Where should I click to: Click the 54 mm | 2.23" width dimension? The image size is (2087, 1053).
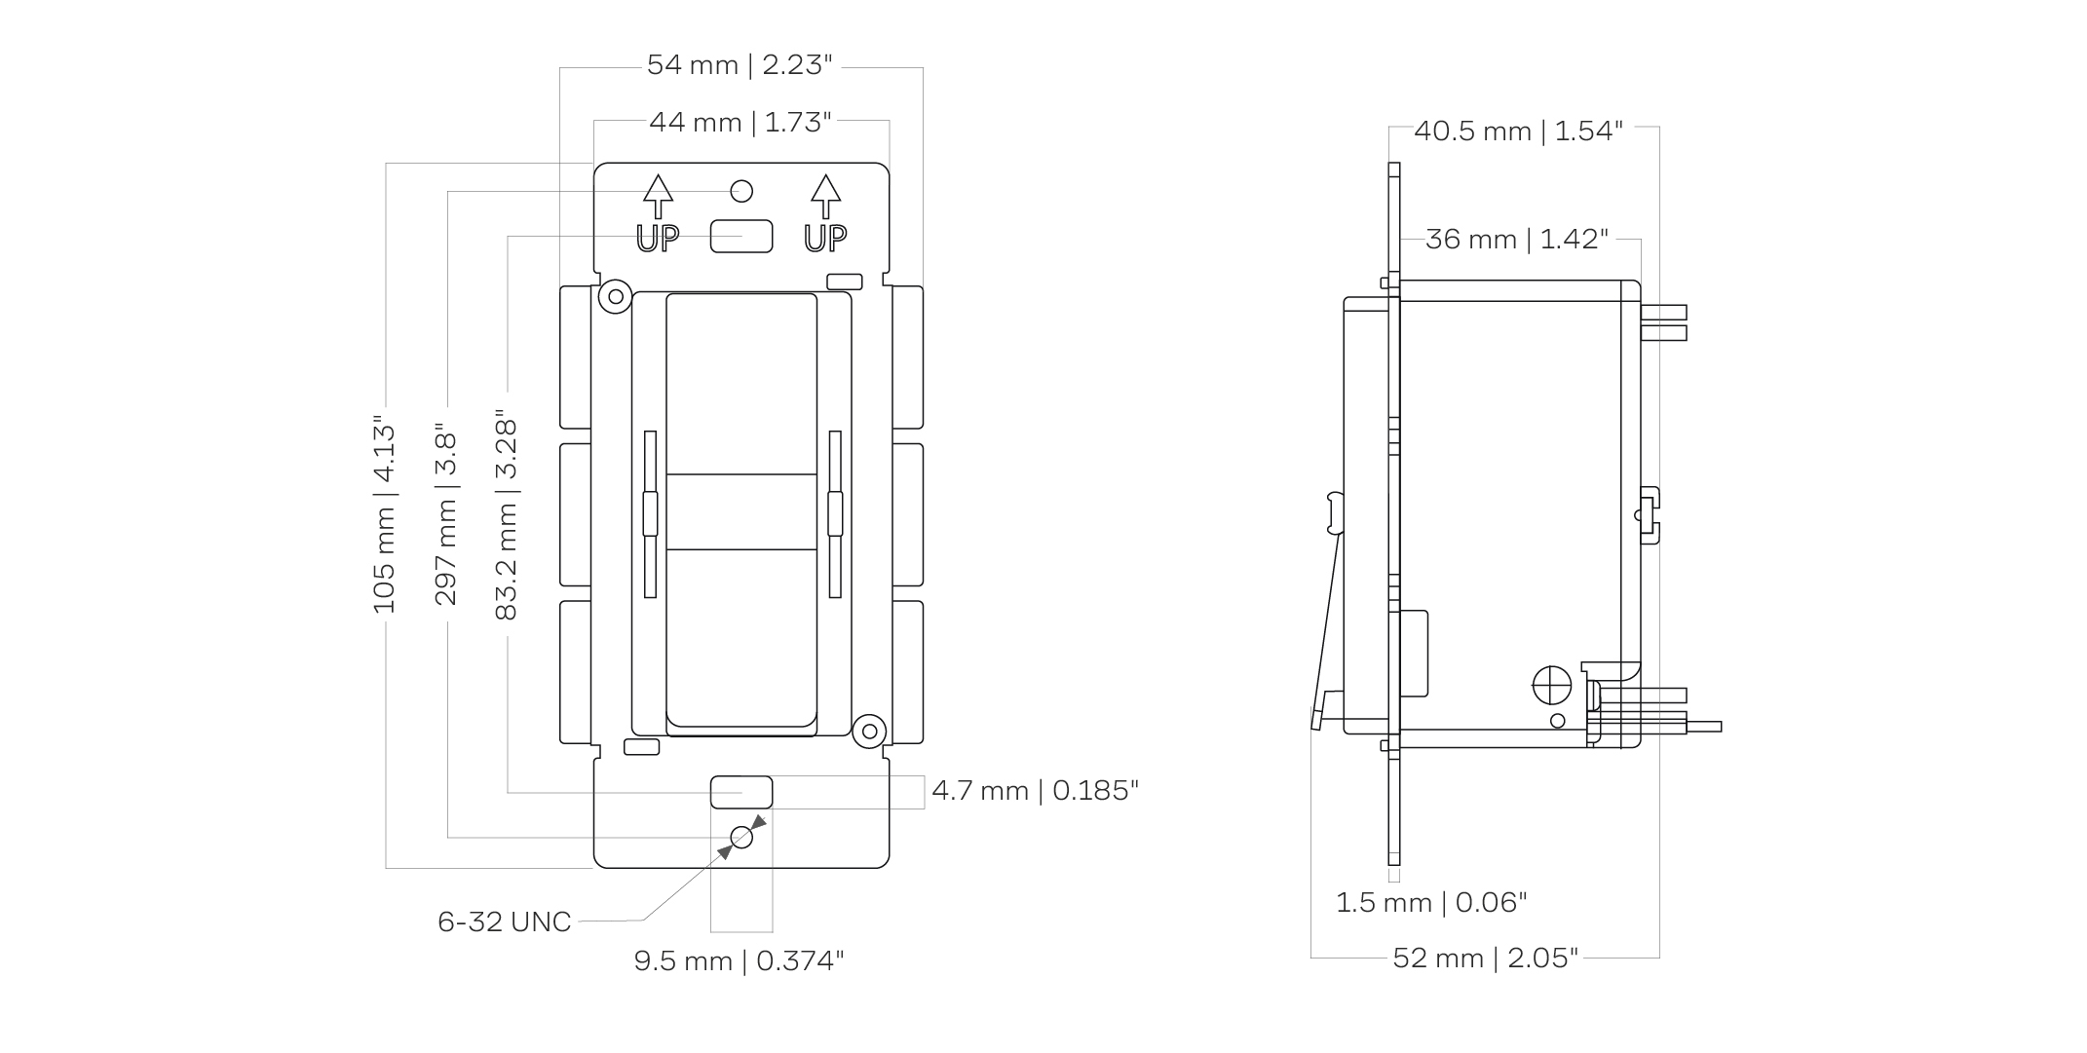coord(740,65)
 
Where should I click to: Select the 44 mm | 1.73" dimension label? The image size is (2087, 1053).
coord(740,123)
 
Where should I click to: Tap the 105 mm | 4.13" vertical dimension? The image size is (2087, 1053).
coord(385,516)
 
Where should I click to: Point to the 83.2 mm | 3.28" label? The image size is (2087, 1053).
coord(507,516)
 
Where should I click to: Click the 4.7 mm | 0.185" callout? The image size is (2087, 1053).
coord(1035,790)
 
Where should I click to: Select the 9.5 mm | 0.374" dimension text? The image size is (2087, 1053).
coord(739,961)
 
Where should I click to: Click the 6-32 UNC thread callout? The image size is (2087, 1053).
coord(504,921)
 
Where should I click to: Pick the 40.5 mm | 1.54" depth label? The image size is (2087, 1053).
coord(1518,131)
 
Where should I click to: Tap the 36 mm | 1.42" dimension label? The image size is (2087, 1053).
coord(1517,239)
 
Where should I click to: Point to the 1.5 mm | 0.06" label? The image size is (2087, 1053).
coord(1430,903)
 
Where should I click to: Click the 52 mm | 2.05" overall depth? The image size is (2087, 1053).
coord(1485,959)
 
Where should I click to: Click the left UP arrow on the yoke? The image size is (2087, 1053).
coord(659,196)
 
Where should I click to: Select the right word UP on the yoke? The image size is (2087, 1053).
coord(825,238)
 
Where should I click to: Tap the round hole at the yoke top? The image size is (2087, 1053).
coord(741,190)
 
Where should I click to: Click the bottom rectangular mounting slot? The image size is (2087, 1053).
coord(741,792)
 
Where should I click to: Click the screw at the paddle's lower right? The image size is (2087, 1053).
coord(868,731)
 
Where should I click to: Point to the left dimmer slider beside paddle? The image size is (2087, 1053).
coord(650,513)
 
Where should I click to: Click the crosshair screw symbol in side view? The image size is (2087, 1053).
coord(1552,686)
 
